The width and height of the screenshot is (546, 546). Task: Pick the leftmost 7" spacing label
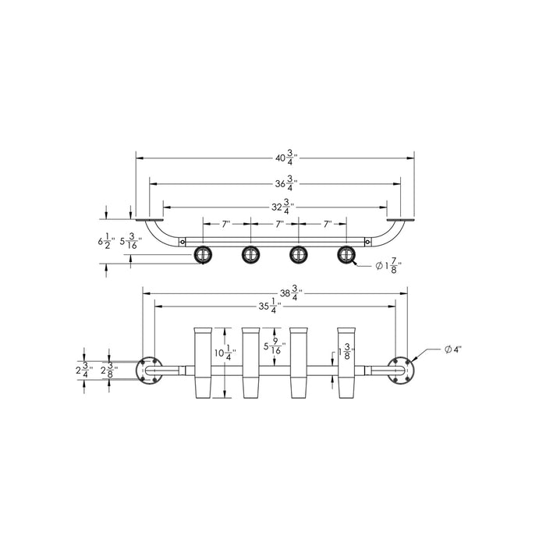[x=225, y=224]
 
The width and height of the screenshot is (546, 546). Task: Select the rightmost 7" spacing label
[x=328, y=224]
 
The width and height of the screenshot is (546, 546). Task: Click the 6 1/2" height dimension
[x=106, y=243]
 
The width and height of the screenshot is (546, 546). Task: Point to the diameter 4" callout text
[x=452, y=349]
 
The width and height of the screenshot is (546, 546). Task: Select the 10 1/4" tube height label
[x=229, y=355]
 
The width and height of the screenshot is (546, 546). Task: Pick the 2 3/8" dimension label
[x=109, y=370]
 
